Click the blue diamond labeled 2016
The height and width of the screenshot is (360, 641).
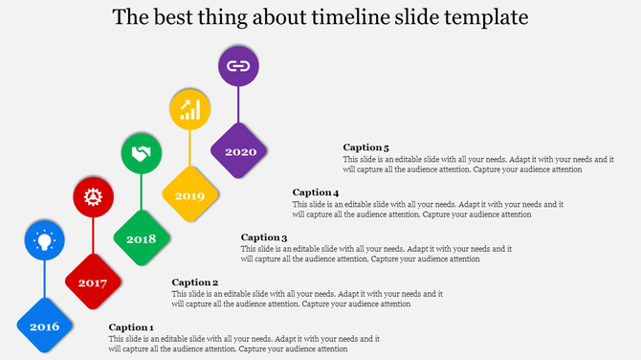(x=45, y=326)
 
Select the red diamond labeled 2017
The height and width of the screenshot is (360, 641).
(x=93, y=282)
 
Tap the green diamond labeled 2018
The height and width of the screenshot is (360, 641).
(x=142, y=238)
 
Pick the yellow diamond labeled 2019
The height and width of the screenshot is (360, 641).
(x=190, y=195)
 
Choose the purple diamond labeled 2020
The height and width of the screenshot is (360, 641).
(x=239, y=151)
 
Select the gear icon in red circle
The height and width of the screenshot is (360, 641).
(x=93, y=197)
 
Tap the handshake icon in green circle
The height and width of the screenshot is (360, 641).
(x=142, y=153)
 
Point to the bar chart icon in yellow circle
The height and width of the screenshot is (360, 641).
(x=190, y=109)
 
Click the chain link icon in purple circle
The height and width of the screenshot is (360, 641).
(x=239, y=66)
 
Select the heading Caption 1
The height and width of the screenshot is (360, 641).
(x=131, y=327)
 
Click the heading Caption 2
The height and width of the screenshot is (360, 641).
(x=195, y=282)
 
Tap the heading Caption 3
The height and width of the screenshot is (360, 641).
(x=264, y=237)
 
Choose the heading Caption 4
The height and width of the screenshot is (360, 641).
(x=316, y=192)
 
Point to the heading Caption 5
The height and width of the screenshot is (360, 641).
(x=366, y=147)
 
